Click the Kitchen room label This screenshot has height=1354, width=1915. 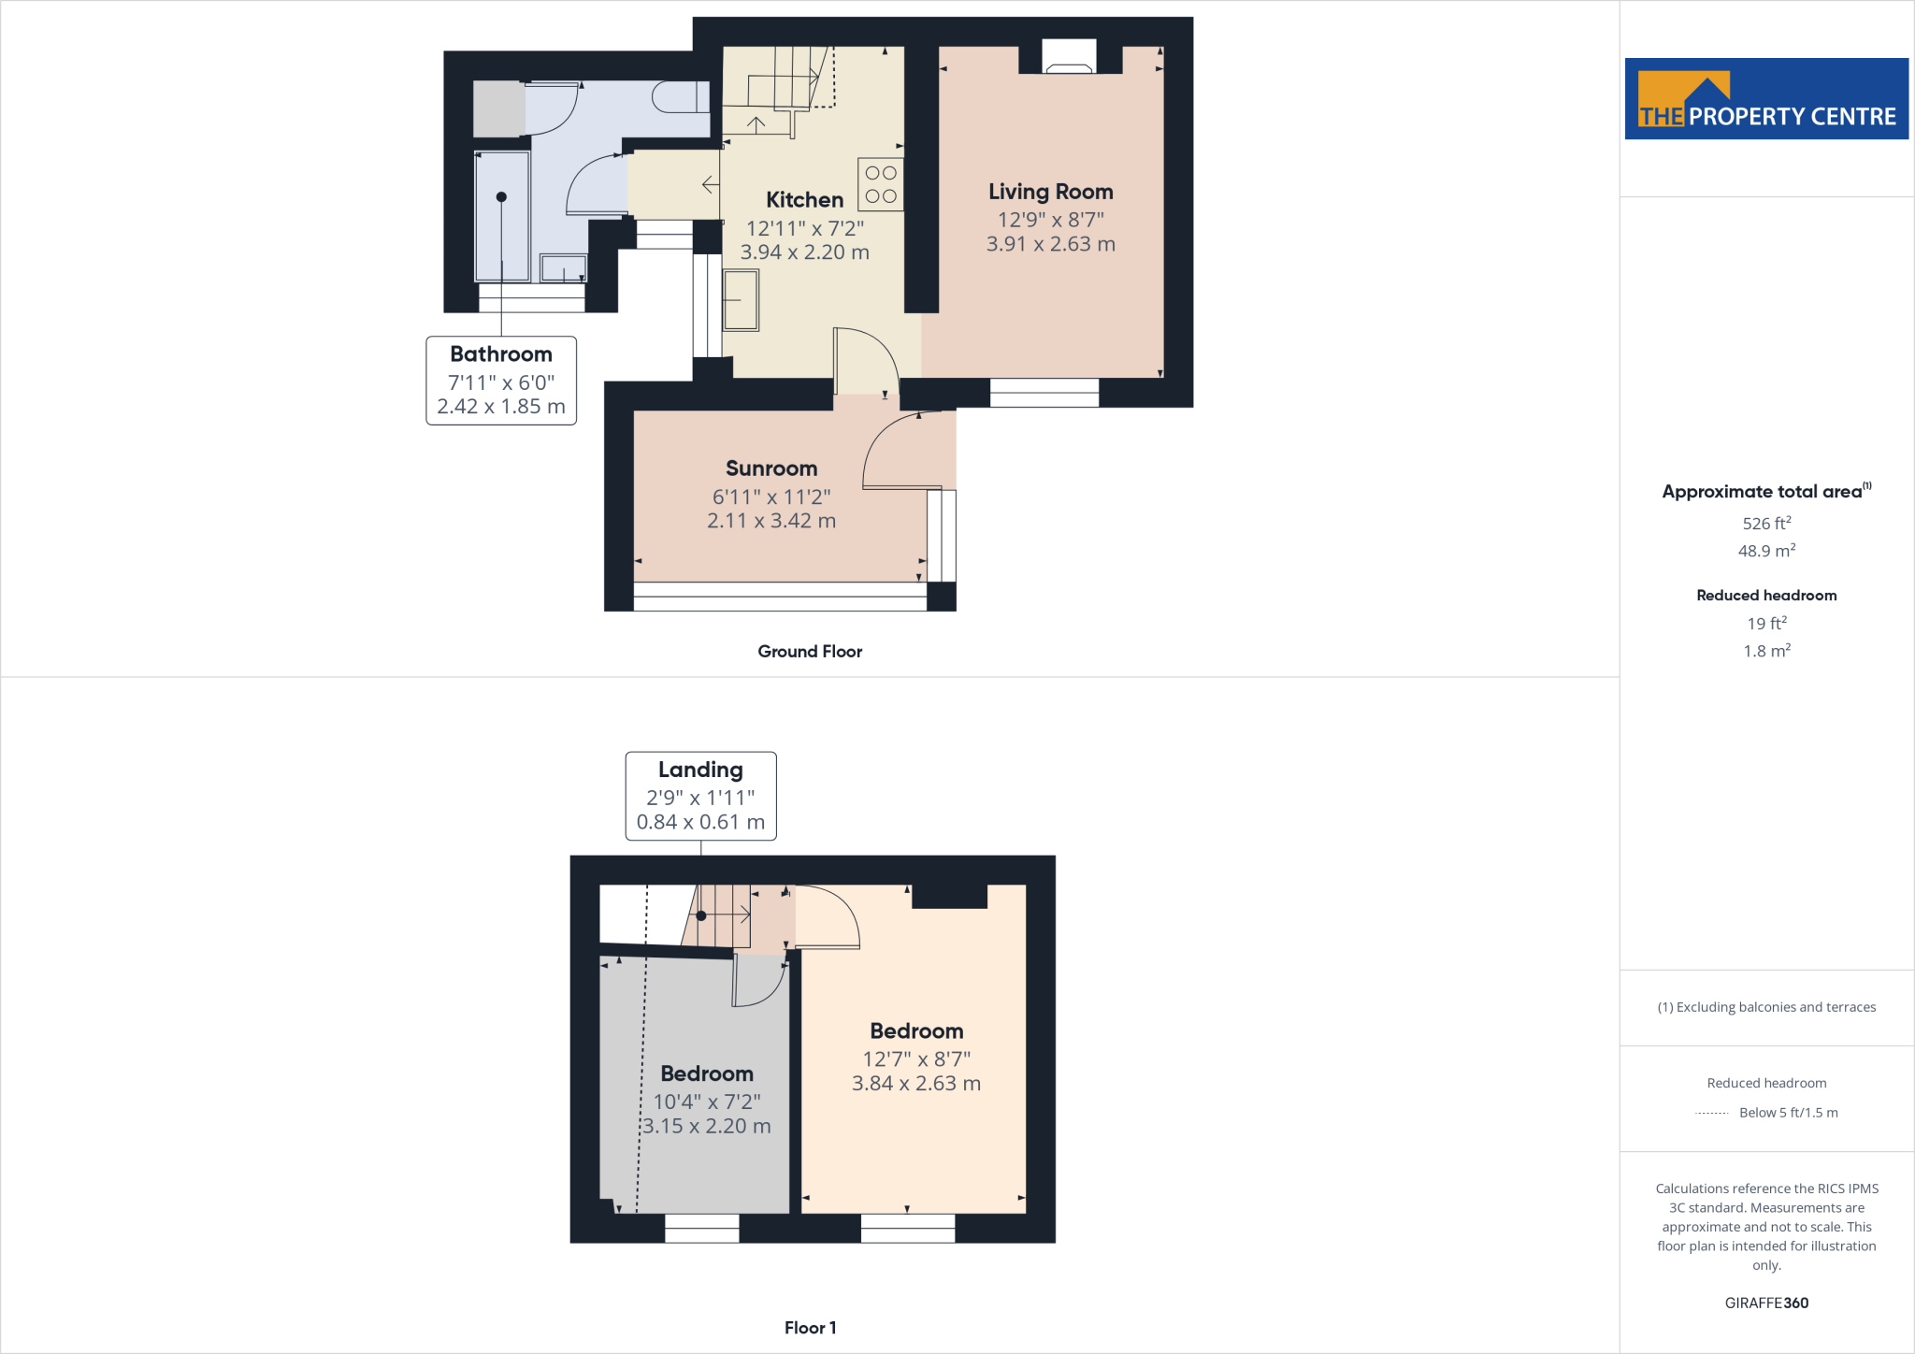[x=804, y=200]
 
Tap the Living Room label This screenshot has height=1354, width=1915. [x=1050, y=192]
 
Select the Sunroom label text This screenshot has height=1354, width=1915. [x=771, y=468]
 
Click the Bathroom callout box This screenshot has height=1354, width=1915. [x=501, y=381]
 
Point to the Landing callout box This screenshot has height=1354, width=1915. [x=700, y=796]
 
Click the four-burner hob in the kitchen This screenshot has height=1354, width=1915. [x=881, y=184]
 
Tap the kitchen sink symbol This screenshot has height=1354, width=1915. [x=741, y=300]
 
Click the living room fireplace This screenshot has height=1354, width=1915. [x=1069, y=59]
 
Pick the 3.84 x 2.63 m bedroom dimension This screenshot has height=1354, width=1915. [x=915, y=1084]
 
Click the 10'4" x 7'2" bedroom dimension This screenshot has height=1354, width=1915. [x=707, y=1102]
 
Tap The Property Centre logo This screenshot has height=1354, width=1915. [x=1766, y=99]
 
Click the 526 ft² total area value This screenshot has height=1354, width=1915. [x=1766, y=524]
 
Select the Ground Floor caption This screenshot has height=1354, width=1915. [x=810, y=652]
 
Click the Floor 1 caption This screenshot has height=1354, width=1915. [x=810, y=1328]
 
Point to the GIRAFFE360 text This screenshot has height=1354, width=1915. [x=1766, y=1303]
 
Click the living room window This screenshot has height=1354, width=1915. [x=1044, y=393]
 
